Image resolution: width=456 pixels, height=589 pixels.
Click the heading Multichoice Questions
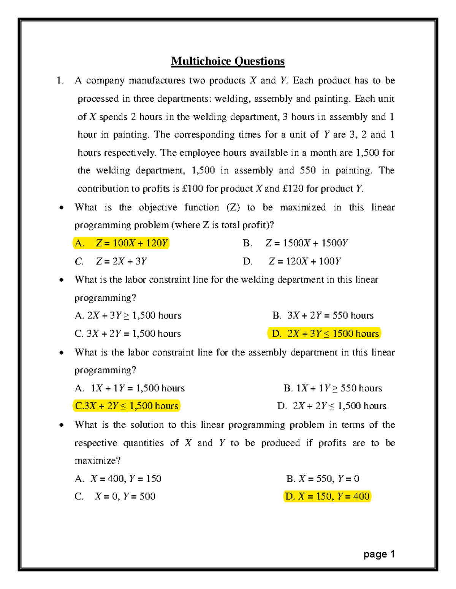click(228, 61)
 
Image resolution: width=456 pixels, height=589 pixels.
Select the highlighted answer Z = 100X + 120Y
click(121, 243)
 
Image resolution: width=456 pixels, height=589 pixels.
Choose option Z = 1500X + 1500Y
click(296, 243)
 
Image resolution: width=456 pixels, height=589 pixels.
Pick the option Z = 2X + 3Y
click(111, 261)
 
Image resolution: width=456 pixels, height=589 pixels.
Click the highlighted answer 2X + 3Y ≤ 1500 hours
click(324, 333)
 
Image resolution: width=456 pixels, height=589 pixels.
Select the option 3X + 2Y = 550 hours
click(323, 316)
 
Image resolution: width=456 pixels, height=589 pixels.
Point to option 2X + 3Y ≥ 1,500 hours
click(128, 316)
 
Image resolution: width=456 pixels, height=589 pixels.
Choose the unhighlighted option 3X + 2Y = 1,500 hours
click(128, 334)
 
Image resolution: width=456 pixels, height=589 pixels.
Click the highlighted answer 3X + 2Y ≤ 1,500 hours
click(127, 406)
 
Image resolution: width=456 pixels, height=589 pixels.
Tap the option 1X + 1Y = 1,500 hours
click(130, 388)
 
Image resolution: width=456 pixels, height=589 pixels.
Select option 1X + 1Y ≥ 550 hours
click(332, 388)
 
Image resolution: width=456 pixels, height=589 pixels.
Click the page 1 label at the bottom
click(379, 554)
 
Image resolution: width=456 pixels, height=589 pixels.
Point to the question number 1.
click(60, 80)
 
